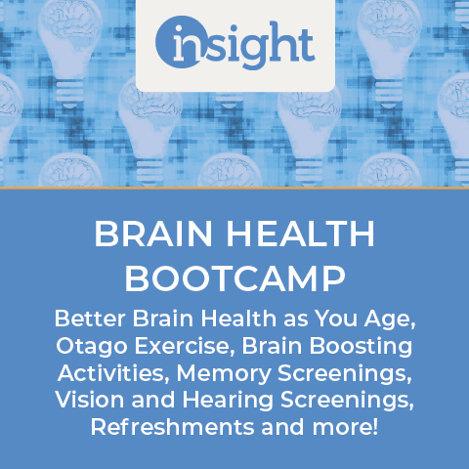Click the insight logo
[235, 42]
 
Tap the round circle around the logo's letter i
[179, 42]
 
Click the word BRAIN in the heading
[153, 234]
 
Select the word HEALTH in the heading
[301, 234]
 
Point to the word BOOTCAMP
[234, 278]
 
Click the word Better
[90, 319]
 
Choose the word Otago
[92, 347]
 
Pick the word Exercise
[182, 345]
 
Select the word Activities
[111, 372]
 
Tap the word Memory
[224, 374]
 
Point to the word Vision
[90, 400]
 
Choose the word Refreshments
[172, 427]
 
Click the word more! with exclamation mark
[345, 428]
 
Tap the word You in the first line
[336, 319]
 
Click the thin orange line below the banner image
[234, 188]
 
